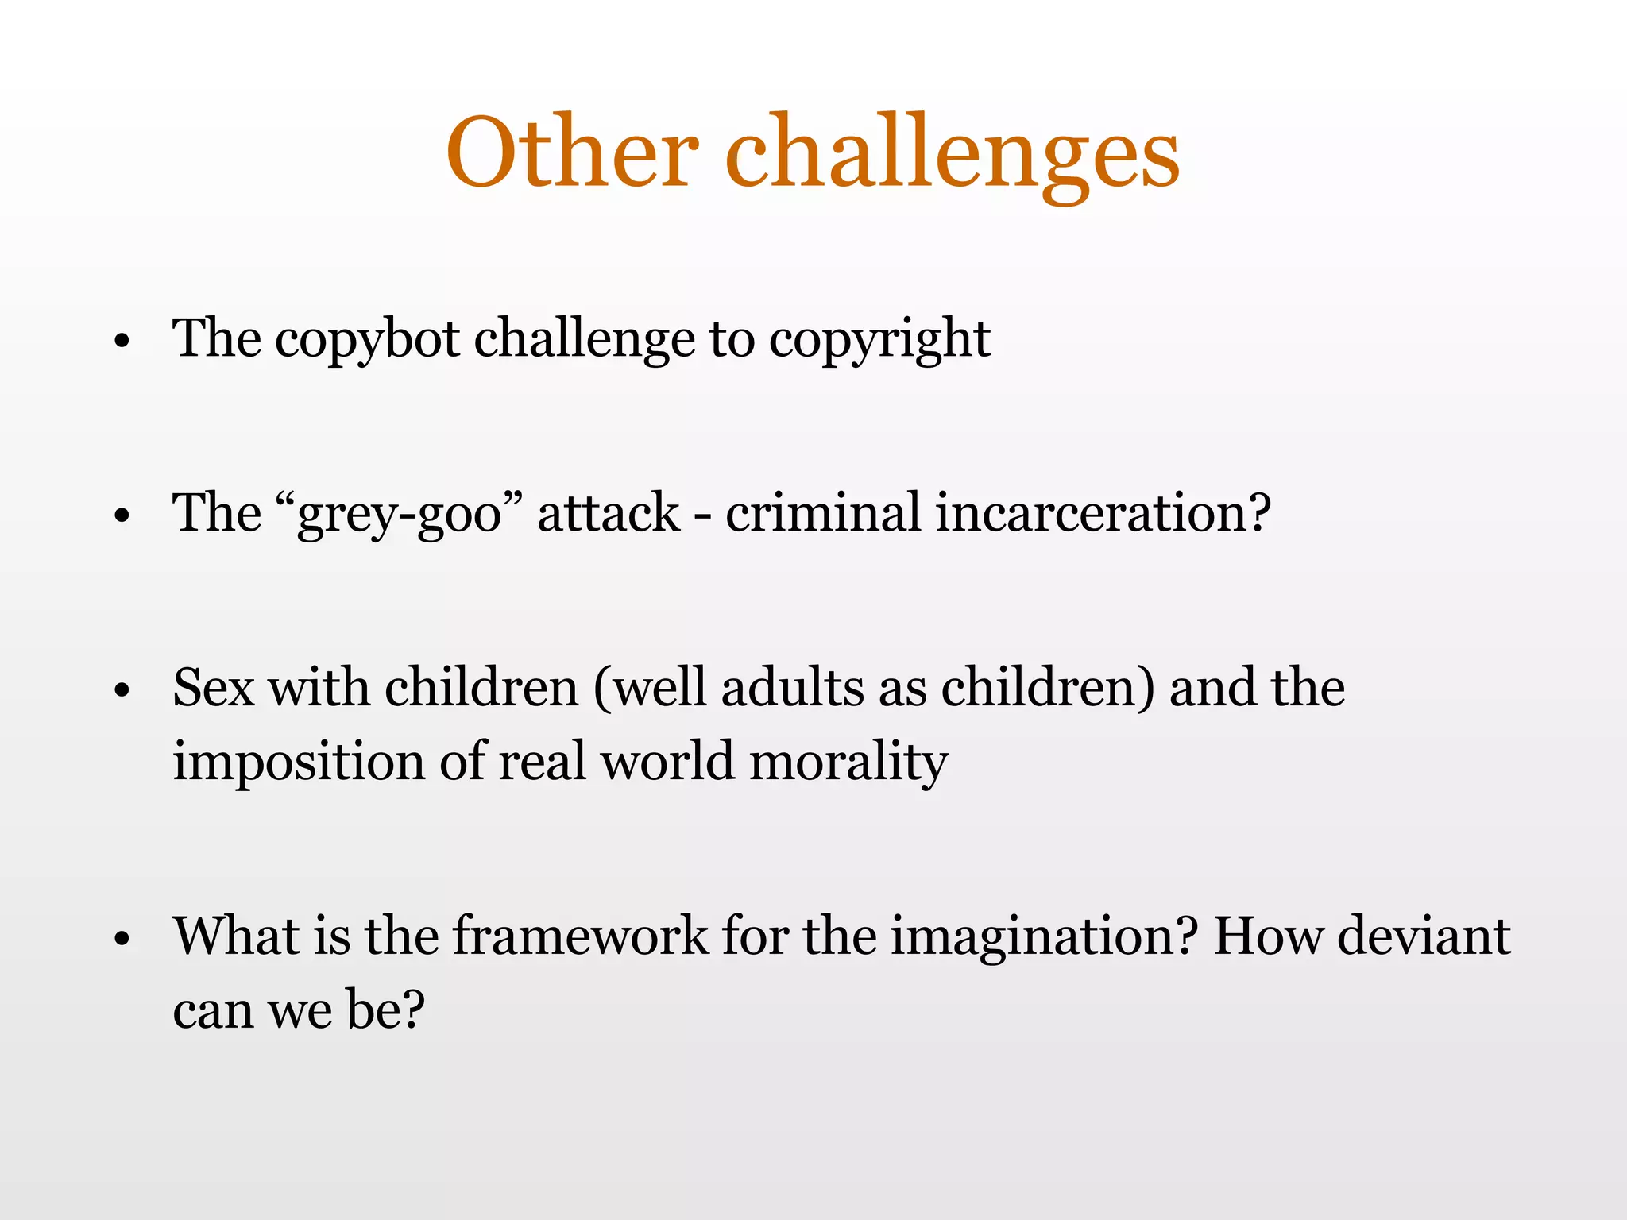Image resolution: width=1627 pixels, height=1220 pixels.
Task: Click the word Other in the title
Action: tap(571, 152)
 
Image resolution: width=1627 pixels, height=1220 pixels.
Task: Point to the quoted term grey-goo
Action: tap(400, 514)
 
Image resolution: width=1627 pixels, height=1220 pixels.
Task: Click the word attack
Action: tap(609, 512)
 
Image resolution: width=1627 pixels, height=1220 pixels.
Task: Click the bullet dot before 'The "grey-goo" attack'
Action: tap(122, 516)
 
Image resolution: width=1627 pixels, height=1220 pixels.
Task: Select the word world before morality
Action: tap(667, 761)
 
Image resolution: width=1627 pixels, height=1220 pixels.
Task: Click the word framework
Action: tap(580, 936)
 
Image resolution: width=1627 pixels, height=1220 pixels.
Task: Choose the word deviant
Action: tap(1423, 936)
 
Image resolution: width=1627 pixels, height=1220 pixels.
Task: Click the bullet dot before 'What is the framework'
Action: tap(122, 940)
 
